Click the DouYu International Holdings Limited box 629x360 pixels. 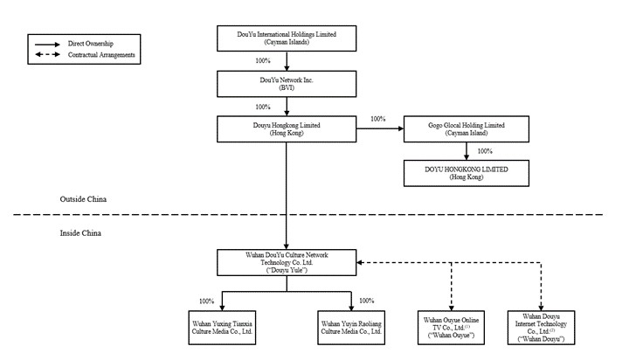(287, 38)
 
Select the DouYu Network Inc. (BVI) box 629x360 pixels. (287, 84)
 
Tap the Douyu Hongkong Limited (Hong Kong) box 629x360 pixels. (287, 128)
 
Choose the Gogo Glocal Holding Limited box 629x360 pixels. (467, 128)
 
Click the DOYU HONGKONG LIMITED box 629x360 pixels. (467, 173)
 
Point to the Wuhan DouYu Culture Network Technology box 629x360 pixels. (287, 262)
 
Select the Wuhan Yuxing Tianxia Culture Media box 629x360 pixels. (222, 328)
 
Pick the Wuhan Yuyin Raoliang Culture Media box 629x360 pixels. (351, 328)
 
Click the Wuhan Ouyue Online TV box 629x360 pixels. (451, 328)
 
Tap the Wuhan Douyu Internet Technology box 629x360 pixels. (541, 328)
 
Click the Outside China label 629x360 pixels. (83, 199)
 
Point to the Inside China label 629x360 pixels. (80, 233)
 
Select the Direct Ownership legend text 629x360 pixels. (91, 44)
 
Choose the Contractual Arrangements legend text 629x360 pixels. (101, 54)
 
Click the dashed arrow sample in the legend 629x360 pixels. (47, 54)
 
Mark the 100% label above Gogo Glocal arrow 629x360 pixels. (378, 119)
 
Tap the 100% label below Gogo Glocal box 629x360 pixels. (485, 151)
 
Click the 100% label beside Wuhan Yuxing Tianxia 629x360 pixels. (206, 301)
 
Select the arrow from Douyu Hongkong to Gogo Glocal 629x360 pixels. (380, 128)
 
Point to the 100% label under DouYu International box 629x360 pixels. (263, 60)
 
